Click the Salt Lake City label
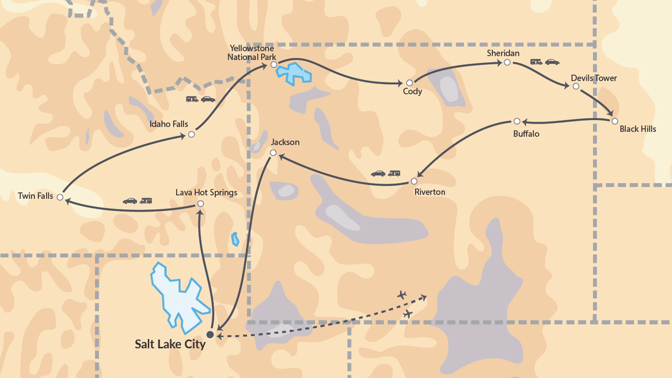click(170, 344)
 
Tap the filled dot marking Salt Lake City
click(210, 335)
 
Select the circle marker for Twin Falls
click(60, 197)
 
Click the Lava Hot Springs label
click(206, 192)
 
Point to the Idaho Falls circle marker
click(191, 134)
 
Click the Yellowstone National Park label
click(251, 53)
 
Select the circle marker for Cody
click(409, 83)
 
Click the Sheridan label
click(503, 53)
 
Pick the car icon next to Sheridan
click(552, 62)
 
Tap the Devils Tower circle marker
click(576, 86)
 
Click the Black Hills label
click(638, 129)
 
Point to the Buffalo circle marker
click(517, 121)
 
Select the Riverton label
click(430, 192)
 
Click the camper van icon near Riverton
click(394, 173)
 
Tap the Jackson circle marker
click(273, 153)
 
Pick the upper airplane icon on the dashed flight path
click(402, 295)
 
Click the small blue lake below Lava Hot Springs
click(235, 239)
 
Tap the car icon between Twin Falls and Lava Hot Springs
click(130, 201)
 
